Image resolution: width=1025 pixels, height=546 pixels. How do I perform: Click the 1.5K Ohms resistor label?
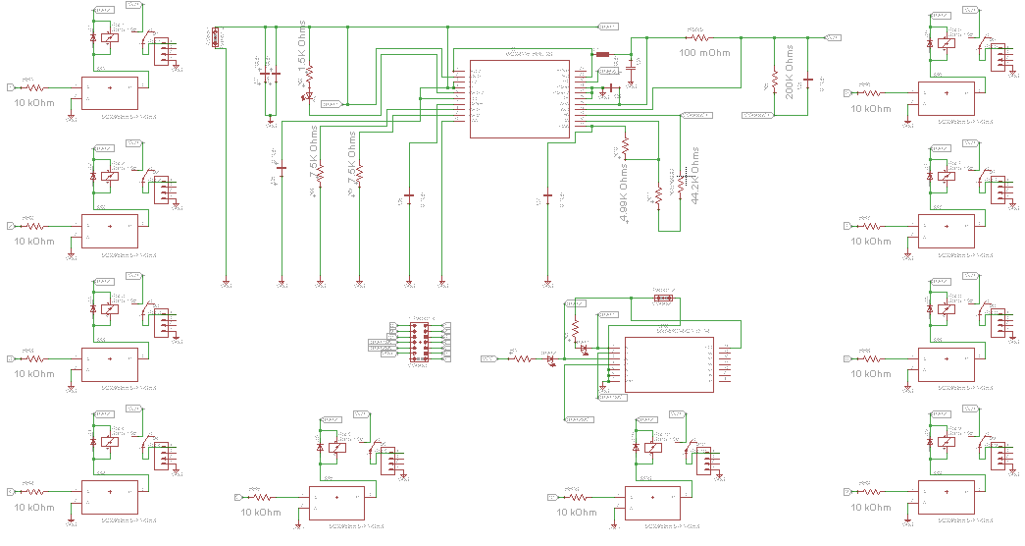[x=302, y=43]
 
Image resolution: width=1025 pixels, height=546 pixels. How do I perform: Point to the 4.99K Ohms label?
[x=625, y=192]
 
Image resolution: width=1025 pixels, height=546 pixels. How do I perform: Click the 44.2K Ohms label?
[x=695, y=176]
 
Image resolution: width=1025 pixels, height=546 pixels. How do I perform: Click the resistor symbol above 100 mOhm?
[x=696, y=38]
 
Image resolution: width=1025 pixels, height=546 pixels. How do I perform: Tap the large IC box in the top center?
[x=519, y=99]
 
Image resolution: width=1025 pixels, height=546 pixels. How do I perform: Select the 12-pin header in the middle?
[x=420, y=342]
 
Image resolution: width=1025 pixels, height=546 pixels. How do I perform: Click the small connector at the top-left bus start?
[x=216, y=38]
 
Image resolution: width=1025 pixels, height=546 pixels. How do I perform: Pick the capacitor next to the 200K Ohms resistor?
[x=807, y=79]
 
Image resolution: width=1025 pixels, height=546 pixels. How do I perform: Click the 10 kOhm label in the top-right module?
[x=872, y=109]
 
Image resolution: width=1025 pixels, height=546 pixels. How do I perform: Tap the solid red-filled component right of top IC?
[x=602, y=54]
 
